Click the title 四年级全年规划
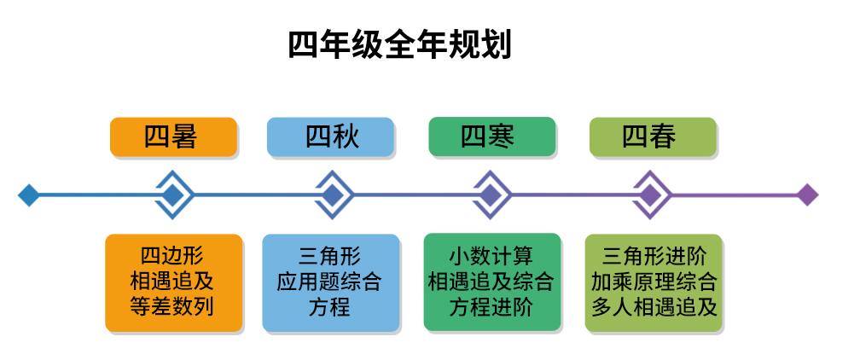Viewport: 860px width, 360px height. (399, 45)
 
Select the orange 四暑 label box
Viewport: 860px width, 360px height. (173, 136)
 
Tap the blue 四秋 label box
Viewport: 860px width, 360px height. (330, 136)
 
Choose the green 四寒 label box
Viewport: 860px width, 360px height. (492, 136)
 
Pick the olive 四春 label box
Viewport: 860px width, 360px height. (653, 136)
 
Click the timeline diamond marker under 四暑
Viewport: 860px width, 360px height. (173, 195)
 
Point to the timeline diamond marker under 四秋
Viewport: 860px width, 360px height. (332, 195)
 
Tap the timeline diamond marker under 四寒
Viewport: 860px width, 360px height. (491, 195)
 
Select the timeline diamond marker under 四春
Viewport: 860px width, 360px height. (650, 195)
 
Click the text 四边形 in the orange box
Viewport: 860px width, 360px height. (172, 256)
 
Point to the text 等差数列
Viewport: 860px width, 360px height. (172, 306)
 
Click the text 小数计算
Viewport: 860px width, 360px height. (491, 256)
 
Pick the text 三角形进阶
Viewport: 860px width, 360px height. (654, 256)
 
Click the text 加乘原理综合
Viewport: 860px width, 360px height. (654, 282)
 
